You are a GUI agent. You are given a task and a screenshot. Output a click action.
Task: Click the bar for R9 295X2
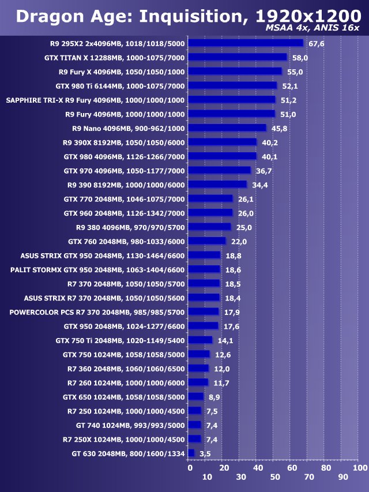246,43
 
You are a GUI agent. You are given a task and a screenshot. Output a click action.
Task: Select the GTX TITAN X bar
238,57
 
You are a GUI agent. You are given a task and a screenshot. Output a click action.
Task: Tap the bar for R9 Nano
227,127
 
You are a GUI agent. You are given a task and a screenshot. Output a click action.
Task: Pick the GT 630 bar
191,453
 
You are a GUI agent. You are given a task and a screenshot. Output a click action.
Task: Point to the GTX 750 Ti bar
200,340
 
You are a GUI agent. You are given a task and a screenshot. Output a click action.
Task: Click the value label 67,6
317,44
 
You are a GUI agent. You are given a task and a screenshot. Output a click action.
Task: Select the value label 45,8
279,128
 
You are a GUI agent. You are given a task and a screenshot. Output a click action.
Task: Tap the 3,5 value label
205,453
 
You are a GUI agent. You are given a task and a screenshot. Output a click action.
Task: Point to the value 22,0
239,242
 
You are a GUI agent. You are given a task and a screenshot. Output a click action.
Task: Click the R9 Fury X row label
122,72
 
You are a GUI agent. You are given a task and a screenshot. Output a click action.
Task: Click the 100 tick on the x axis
360,468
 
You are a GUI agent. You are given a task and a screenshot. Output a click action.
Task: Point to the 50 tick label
275,477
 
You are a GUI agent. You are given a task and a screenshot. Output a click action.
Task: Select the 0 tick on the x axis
190,468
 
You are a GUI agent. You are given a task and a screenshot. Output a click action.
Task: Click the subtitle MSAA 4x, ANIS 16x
312,28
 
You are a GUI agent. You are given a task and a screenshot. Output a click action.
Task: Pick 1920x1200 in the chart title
308,16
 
